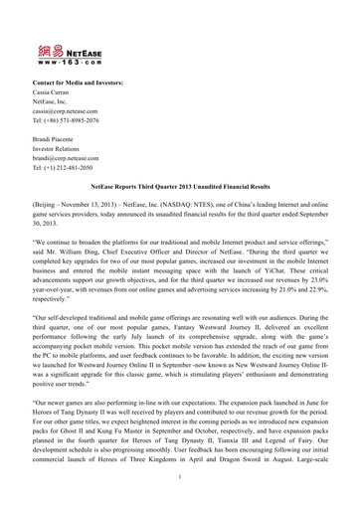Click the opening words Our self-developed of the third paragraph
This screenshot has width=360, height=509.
tap(81, 381)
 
